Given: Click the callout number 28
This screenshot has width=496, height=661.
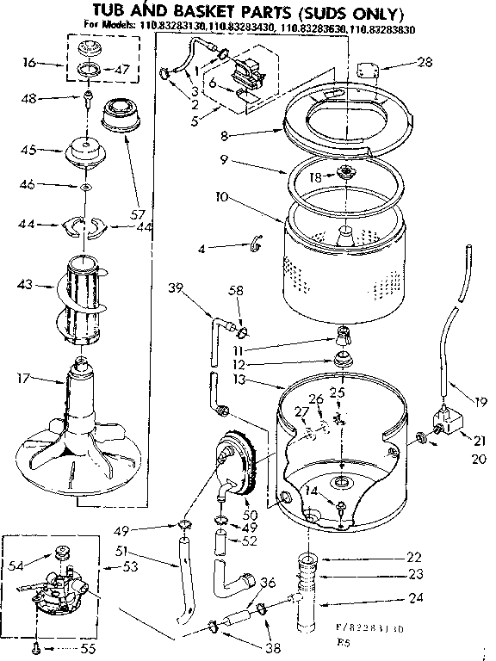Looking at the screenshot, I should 425,62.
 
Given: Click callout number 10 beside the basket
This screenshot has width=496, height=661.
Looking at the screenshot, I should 197,197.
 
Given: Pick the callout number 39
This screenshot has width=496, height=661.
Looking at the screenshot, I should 177,288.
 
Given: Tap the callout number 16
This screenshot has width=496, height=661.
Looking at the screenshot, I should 29,64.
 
